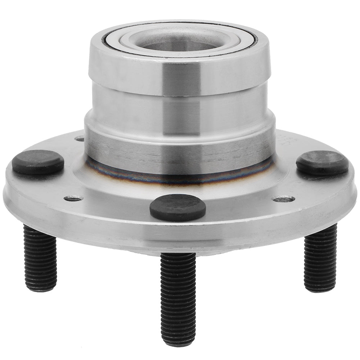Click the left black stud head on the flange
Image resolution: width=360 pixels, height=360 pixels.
tap(38, 162)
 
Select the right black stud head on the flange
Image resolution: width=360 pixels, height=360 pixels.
tap(322, 163)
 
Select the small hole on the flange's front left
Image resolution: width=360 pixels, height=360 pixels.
tap(73, 198)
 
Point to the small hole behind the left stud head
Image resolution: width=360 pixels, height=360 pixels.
tap(80, 139)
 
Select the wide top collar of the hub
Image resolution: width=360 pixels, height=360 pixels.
tap(178, 76)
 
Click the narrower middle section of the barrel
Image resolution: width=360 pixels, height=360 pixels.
tap(178, 108)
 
